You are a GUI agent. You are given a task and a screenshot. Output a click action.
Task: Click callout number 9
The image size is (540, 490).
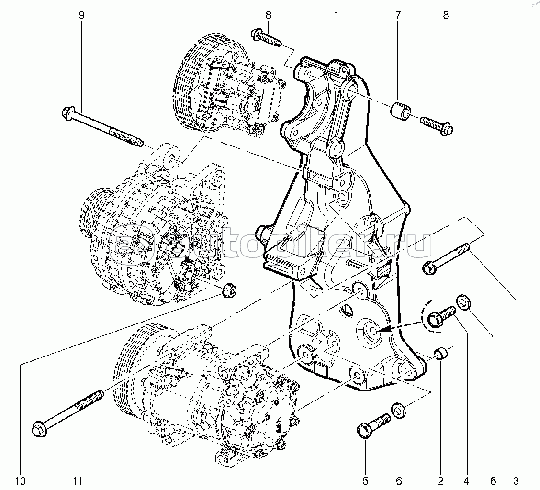coord(81,15)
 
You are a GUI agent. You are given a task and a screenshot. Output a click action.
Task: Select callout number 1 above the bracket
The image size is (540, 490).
coord(337,15)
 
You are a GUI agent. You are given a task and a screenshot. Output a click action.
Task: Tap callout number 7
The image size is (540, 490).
coord(398,15)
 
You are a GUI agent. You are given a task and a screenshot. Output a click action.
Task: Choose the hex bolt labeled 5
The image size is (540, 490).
coord(373,425)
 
